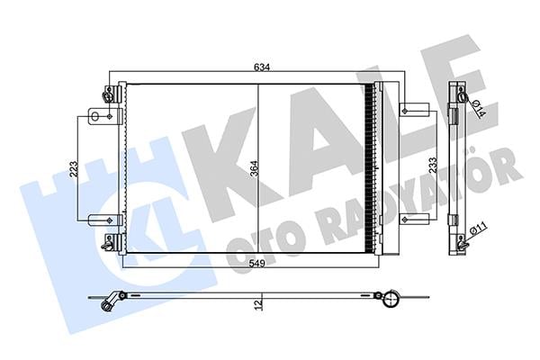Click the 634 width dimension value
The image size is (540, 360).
261,67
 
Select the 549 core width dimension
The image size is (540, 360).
256,264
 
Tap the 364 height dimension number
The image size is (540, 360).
254,168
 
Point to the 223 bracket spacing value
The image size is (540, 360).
74,169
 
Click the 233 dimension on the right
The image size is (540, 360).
433,165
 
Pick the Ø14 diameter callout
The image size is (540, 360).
479,108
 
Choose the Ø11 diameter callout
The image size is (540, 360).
479,229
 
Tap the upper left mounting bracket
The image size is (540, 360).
105,116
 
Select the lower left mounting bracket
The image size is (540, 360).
105,220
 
